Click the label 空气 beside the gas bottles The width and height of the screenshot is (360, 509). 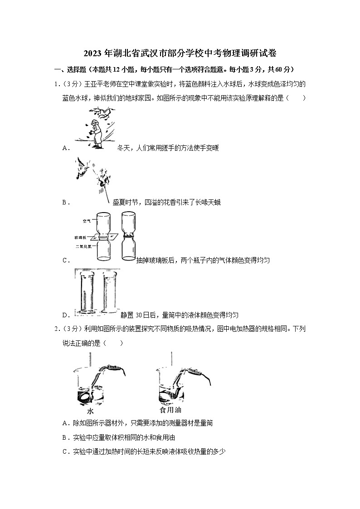87,221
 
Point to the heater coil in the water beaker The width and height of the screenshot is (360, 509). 85,395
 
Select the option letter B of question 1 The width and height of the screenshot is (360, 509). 64,203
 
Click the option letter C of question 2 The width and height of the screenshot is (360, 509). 64,451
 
